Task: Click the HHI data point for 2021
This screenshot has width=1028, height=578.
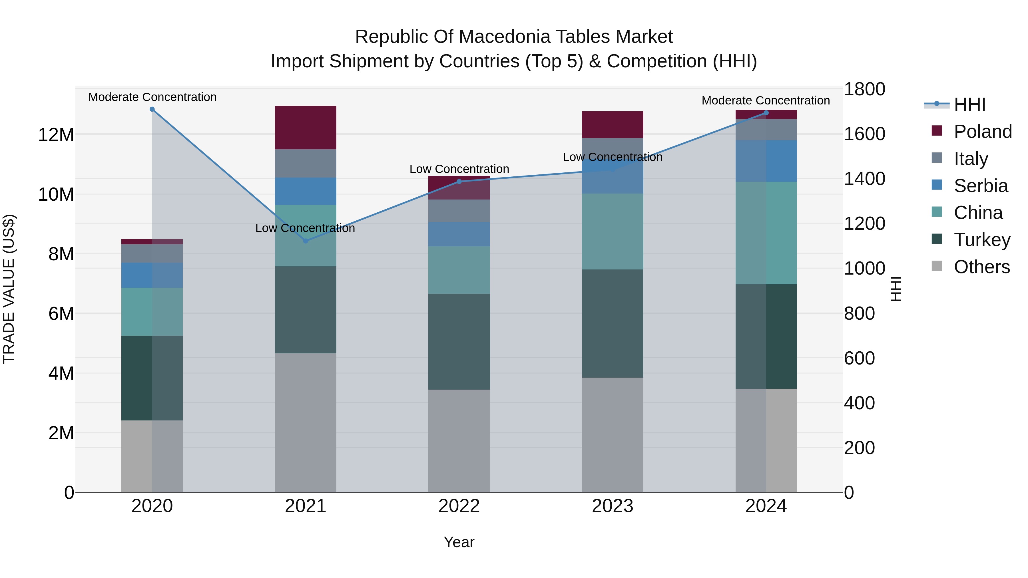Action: pos(306,241)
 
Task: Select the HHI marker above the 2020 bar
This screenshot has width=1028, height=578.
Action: pos(152,109)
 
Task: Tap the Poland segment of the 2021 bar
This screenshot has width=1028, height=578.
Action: pos(306,128)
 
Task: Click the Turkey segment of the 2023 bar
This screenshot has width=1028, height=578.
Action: pos(613,323)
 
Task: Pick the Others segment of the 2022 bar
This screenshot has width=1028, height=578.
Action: pos(459,441)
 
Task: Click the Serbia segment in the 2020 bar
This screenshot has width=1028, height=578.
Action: pos(152,275)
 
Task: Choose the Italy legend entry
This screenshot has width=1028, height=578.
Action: pos(971,159)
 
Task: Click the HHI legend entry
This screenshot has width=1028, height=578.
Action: pos(969,104)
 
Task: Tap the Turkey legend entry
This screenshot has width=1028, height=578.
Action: pos(982,240)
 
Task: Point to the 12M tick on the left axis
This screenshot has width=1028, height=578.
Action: pos(56,135)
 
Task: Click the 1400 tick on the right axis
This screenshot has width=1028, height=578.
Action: pos(864,179)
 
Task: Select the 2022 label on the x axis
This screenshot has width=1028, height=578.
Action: pos(459,506)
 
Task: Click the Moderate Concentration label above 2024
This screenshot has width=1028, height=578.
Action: pos(765,100)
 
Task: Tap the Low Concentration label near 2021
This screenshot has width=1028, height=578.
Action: pos(305,228)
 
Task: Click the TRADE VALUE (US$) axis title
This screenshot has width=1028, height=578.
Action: pos(9,289)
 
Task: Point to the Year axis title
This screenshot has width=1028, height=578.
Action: pos(459,542)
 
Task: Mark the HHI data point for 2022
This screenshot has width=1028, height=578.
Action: pos(459,182)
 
